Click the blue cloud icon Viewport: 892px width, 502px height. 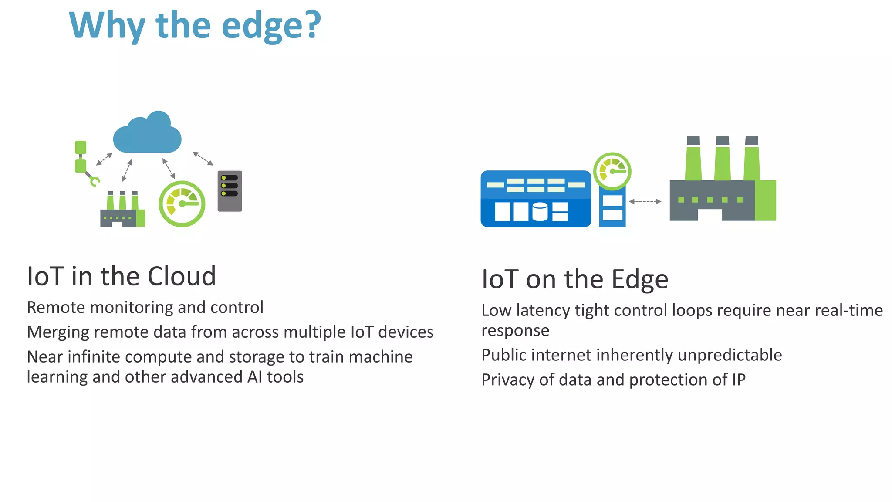[147, 133]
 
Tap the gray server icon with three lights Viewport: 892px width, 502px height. [230, 191]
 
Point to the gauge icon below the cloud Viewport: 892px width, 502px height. [182, 204]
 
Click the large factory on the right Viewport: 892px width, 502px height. [722, 183]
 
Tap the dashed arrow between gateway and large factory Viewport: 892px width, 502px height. [645, 201]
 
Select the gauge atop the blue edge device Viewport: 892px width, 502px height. [612, 171]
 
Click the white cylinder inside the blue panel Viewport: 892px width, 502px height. [540, 212]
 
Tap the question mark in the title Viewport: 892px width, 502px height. [312, 25]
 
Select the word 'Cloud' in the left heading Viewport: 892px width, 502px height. [182, 276]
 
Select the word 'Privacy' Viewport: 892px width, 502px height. [508, 380]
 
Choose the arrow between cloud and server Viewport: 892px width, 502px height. [203, 158]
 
